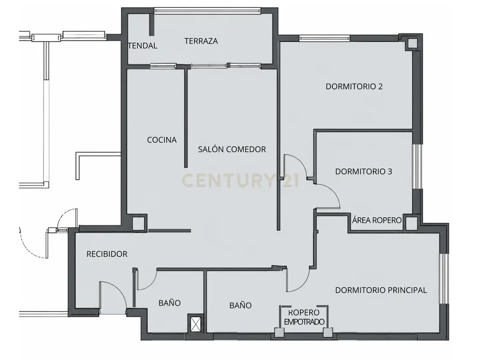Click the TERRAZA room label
pos(201,41)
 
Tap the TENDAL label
pos(143,46)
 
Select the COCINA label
pos(162,140)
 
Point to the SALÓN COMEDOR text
pos(232,149)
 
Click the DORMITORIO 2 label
pos(354,87)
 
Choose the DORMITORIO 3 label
pos(363,172)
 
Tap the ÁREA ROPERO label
pos(377,220)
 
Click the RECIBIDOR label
pos(107,254)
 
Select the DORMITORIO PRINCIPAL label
pos(381,290)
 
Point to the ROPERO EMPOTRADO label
pos(304,317)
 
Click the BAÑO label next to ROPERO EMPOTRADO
pos(240,305)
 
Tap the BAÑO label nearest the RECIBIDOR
pos(169,303)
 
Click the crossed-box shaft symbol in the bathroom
pos(195,324)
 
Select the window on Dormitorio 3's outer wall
pos(417,166)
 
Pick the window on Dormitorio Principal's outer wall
pos(444,279)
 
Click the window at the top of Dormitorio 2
pos(324,38)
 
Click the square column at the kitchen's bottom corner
pos(138,223)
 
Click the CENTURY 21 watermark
pos(240,181)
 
